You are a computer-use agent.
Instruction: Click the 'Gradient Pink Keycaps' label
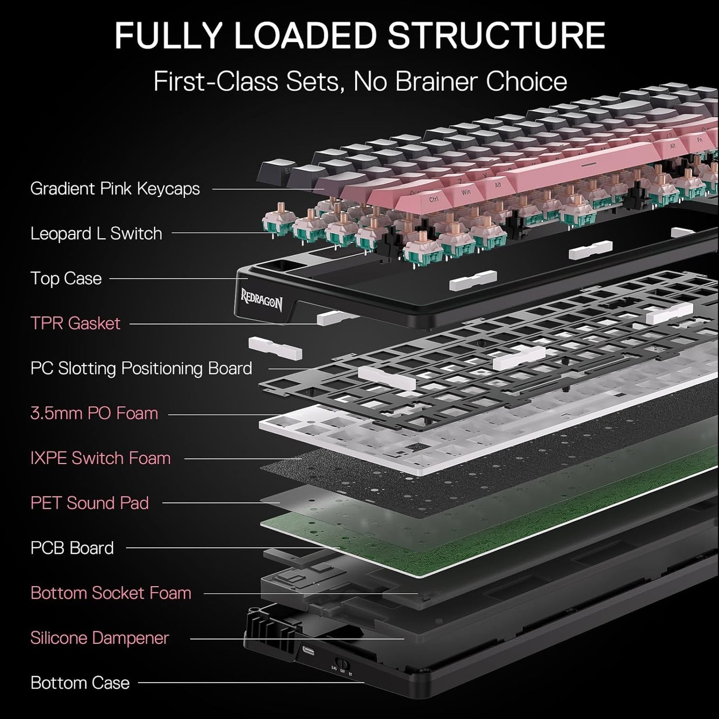115,189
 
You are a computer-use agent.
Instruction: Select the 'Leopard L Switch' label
96,233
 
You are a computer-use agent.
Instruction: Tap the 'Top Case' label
66,279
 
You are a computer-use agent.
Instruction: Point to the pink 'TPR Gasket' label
75,323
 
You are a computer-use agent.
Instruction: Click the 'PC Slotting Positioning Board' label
141,368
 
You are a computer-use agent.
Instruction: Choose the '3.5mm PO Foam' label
94,413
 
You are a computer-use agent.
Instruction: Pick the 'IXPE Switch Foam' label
100,458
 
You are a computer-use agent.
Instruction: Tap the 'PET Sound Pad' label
90,503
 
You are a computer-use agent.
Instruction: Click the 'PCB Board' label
72,548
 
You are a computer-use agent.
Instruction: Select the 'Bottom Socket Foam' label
110,593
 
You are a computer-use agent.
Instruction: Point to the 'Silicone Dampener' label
100,638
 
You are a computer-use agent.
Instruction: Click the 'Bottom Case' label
80,683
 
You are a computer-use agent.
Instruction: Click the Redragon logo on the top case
262,300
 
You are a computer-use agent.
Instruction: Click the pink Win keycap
466,192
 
